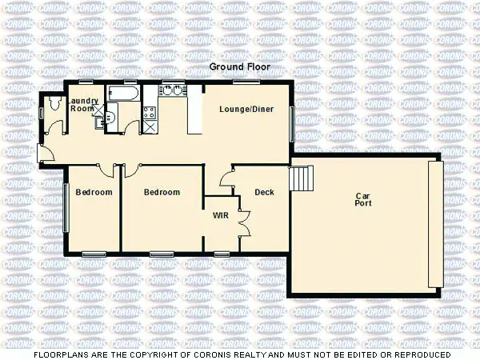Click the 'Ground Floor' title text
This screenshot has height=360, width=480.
point(240,67)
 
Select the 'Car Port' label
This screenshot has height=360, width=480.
point(364,199)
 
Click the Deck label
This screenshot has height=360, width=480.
point(264,192)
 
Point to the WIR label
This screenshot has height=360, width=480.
point(221,215)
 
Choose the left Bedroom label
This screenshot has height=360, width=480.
point(94,192)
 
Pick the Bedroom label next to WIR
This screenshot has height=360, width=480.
point(162,192)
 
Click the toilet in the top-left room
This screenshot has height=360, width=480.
point(53,103)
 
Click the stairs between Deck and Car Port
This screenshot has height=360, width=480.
point(299,178)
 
